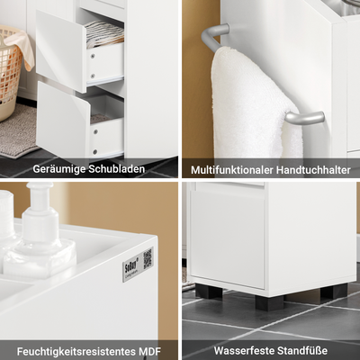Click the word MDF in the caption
click(x=148, y=350)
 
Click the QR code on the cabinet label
click(x=147, y=259)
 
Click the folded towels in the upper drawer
click(x=104, y=35)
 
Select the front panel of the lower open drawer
click(x=64, y=121)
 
